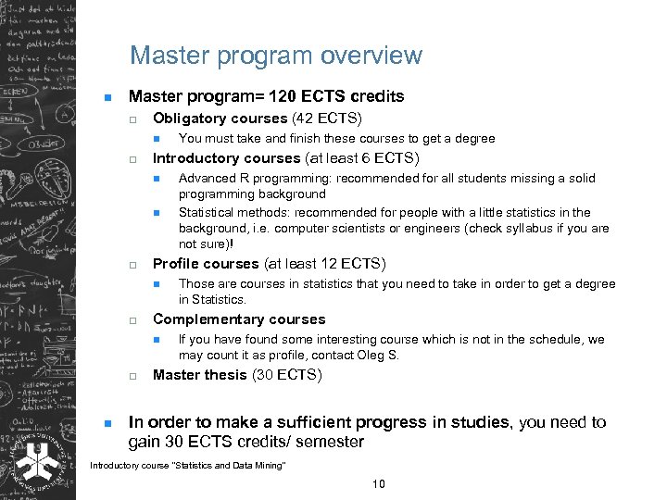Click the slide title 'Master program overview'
tap(275, 56)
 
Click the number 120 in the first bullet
tap(278, 96)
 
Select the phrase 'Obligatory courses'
tap(220, 118)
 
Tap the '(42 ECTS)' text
tap(327, 118)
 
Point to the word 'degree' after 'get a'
tap(474, 138)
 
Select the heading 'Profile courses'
tap(206, 263)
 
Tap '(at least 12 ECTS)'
tap(324, 263)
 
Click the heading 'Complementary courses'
tap(239, 319)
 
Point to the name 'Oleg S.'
tap(380, 356)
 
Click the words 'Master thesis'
tap(199, 375)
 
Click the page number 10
tap(378, 484)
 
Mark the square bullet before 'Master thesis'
tap(132, 376)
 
